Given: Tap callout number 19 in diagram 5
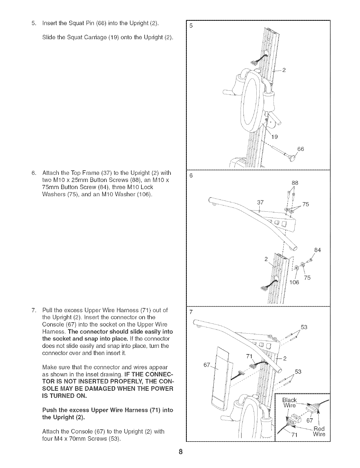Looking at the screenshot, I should [275, 137].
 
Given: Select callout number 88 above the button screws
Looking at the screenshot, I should [294, 183].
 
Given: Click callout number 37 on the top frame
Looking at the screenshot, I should [260, 202].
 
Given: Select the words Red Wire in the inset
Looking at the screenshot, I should [319, 431].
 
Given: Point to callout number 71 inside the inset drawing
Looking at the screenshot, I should [294, 435].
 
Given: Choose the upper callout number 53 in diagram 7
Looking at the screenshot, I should [304, 327].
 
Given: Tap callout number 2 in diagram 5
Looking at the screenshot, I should [284, 70].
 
